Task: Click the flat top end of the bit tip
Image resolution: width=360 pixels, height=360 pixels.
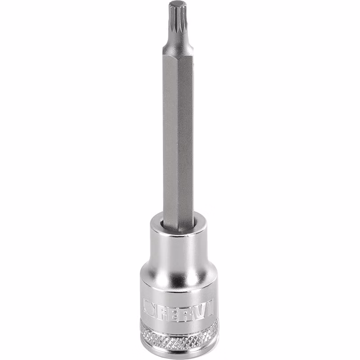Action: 177,4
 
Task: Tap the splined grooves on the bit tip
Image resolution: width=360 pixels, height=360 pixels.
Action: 178,21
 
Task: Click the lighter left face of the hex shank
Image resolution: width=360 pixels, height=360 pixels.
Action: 171,138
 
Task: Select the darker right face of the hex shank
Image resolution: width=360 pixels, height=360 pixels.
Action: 186,138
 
